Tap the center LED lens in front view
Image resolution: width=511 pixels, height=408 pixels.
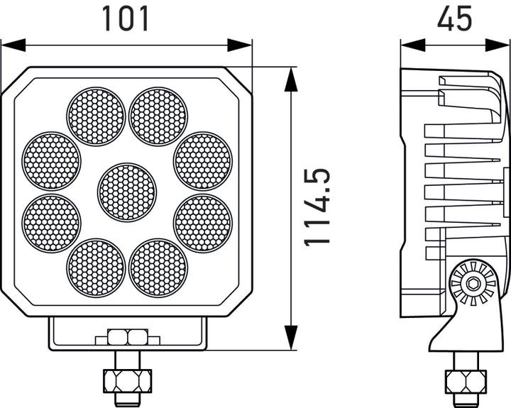pyautogui.click(x=127, y=192)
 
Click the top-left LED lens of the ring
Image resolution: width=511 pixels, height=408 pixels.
pyautogui.click(x=96, y=116)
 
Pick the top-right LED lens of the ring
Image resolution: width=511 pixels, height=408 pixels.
pyautogui.click(x=159, y=116)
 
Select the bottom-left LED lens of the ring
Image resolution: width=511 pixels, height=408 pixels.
pyautogui.click(x=96, y=268)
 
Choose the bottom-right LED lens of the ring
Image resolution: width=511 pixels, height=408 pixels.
pyautogui.click(x=159, y=268)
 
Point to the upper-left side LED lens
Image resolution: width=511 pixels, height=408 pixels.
pyautogui.click(x=50, y=160)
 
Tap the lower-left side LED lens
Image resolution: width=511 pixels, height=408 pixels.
pyautogui.click(x=50, y=223)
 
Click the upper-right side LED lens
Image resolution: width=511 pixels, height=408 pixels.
pyautogui.click(x=204, y=160)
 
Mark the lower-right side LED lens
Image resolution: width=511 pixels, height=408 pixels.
pyautogui.click(x=204, y=223)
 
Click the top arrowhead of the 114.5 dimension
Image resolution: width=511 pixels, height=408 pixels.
pyautogui.click(x=290, y=78)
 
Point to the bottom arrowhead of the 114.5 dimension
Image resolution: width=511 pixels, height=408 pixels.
pyautogui.click(x=290, y=339)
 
